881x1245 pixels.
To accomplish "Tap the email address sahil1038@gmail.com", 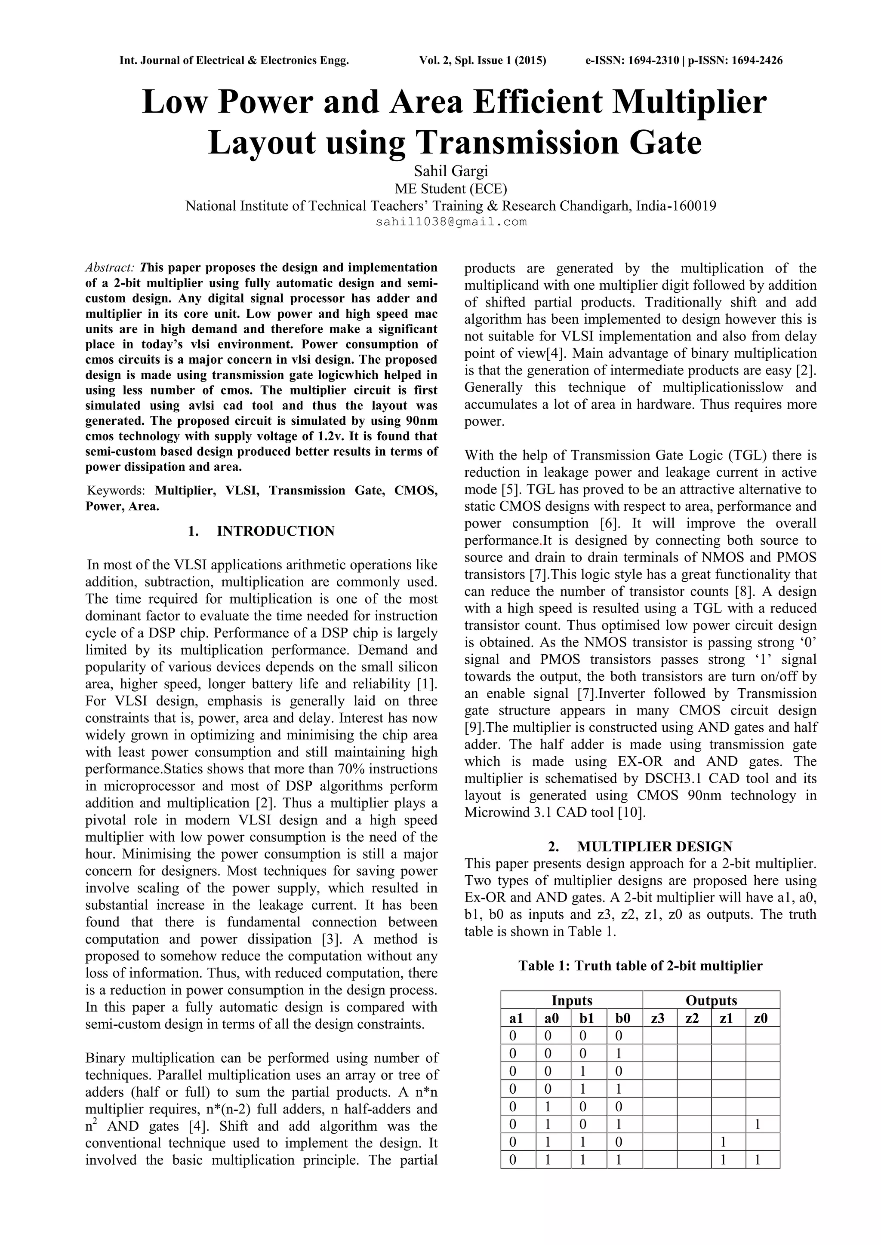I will pyautogui.click(x=451, y=222).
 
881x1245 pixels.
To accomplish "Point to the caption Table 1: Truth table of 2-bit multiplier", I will pyautogui.click(x=640, y=966).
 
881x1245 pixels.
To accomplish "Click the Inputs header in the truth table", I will pyautogui.click(x=571, y=1000).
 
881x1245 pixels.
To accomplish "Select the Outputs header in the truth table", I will pyautogui.click(x=711, y=1000).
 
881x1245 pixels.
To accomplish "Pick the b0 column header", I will pyautogui.click(x=623, y=1018).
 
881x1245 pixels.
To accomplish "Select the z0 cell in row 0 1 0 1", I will pyautogui.click(x=758, y=1125).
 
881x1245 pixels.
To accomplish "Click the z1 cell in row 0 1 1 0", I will pyautogui.click(x=723, y=1142).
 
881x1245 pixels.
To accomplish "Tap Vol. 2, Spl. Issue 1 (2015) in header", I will pyautogui.click(x=482, y=61).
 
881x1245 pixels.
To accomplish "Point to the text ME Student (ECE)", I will pyautogui.click(x=451, y=189).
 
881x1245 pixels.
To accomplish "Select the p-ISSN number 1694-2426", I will pyautogui.click(x=756, y=61).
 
